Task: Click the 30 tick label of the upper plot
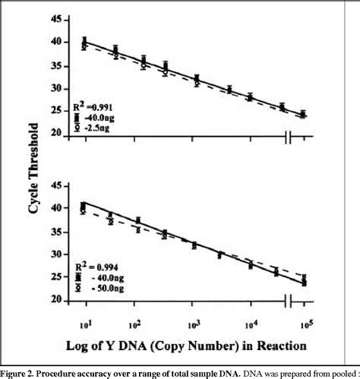pos(55,88)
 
